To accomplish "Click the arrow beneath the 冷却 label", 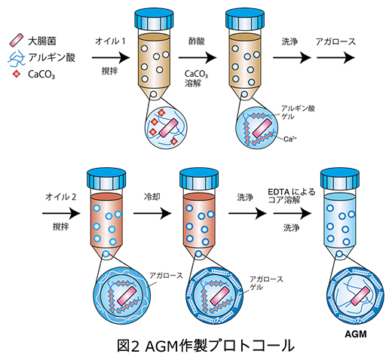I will coord(153,213).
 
